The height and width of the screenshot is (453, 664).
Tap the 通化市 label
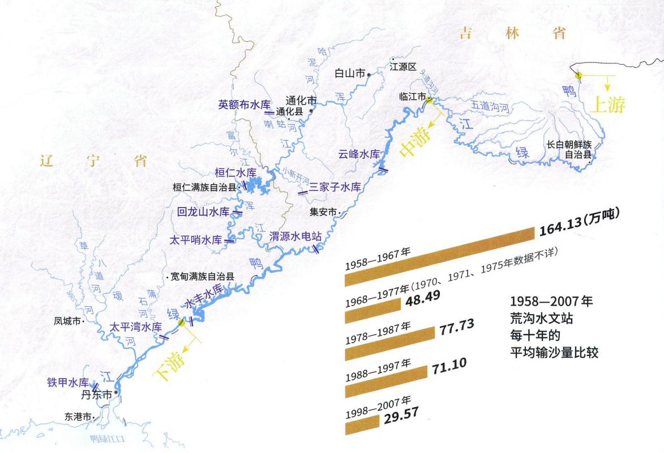tap(301, 100)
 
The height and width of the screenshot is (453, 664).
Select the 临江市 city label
tap(412, 97)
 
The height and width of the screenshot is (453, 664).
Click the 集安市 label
tap(323, 213)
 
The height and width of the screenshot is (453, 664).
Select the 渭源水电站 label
tap(292, 235)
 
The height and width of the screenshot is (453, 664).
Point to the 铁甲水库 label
tap(68, 382)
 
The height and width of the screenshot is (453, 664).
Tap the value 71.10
tap(450, 363)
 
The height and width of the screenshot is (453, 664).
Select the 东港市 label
tap(79, 416)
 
